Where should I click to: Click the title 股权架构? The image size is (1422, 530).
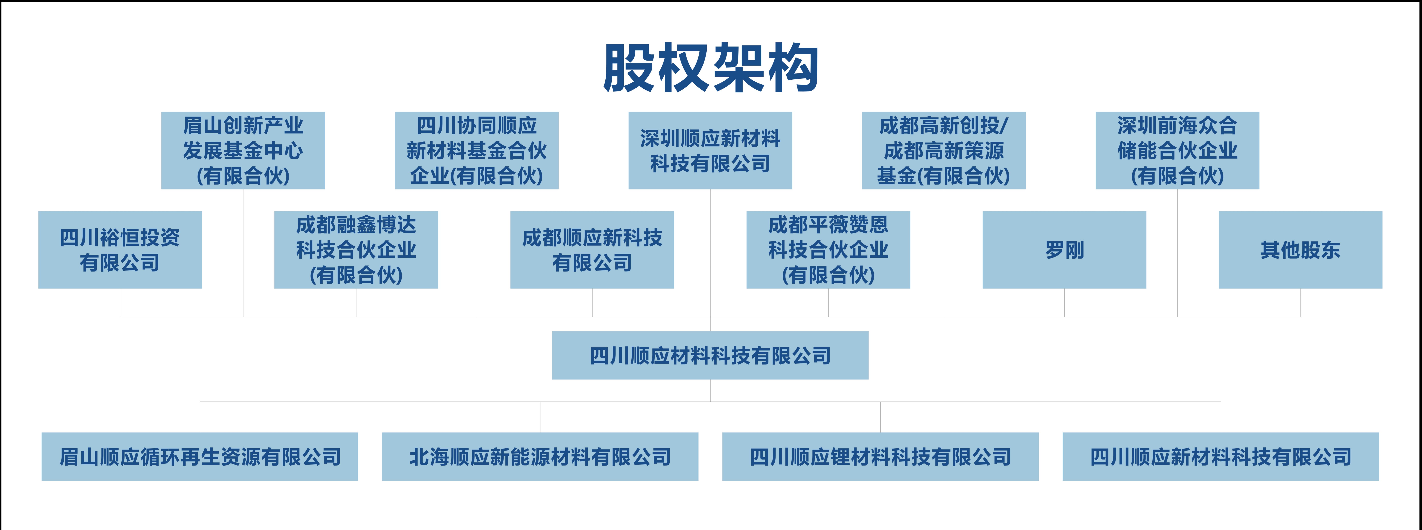[x=710, y=68]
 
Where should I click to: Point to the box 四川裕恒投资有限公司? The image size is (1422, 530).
[x=120, y=250]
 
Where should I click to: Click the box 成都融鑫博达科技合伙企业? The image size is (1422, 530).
[x=356, y=250]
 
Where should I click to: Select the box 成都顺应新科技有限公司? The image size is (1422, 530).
[x=592, y=250]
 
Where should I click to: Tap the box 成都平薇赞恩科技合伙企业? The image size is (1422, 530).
[x=828, y=250]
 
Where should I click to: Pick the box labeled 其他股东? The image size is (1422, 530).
[x=1300, y=250]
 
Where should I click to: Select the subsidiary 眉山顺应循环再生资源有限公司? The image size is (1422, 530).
[x=200, y=457]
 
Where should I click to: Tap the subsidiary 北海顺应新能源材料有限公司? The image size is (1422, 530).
[x=540, y=457]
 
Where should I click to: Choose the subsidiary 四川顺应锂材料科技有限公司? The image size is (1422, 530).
[x=880, y=457]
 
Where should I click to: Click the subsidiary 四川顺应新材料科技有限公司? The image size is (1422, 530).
[x=1221, y=457]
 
